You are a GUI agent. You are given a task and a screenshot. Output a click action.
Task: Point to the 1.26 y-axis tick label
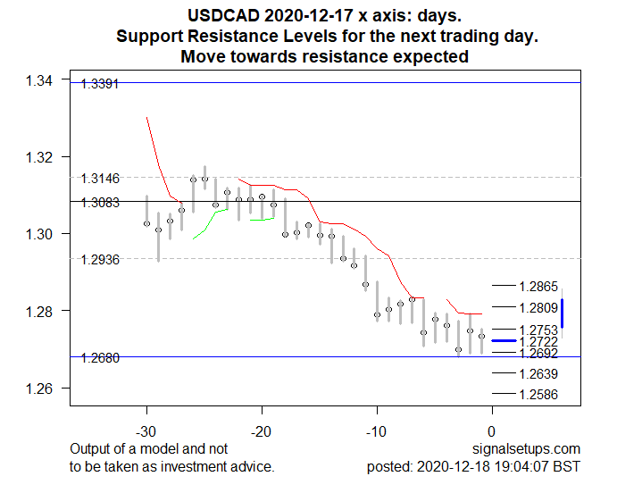click(39, 389)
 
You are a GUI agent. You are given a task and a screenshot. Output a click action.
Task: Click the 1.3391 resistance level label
click(100, 85)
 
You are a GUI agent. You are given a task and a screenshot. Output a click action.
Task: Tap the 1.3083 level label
click(100, 204)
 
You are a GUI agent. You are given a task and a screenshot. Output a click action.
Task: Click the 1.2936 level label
click(100, 261)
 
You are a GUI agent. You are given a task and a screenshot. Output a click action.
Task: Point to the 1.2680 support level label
click(100, 359)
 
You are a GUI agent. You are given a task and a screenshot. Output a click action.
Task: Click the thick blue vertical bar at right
click(563, 313)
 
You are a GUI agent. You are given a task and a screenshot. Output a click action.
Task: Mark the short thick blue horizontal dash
click(504, 341)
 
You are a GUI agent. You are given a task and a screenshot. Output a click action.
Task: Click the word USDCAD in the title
click(224, 16)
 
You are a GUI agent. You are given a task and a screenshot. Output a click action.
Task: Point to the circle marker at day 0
click(481, 337)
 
